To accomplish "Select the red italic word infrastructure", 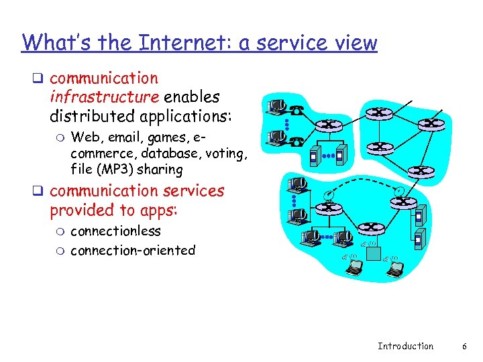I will (103, 97).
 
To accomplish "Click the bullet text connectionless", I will (115, 231).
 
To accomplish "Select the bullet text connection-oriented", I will (133, 251).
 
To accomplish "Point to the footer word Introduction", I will (405, 346).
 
